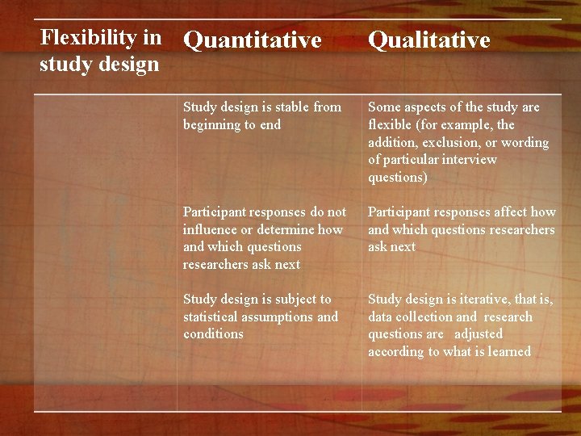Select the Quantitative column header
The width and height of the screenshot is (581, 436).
pos(252,40)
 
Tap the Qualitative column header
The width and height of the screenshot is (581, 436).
pos(428,40)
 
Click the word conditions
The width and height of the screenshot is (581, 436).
pos(213,334)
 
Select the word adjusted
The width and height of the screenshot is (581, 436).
pos(479,334)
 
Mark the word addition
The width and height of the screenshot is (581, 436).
pos(393,143)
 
